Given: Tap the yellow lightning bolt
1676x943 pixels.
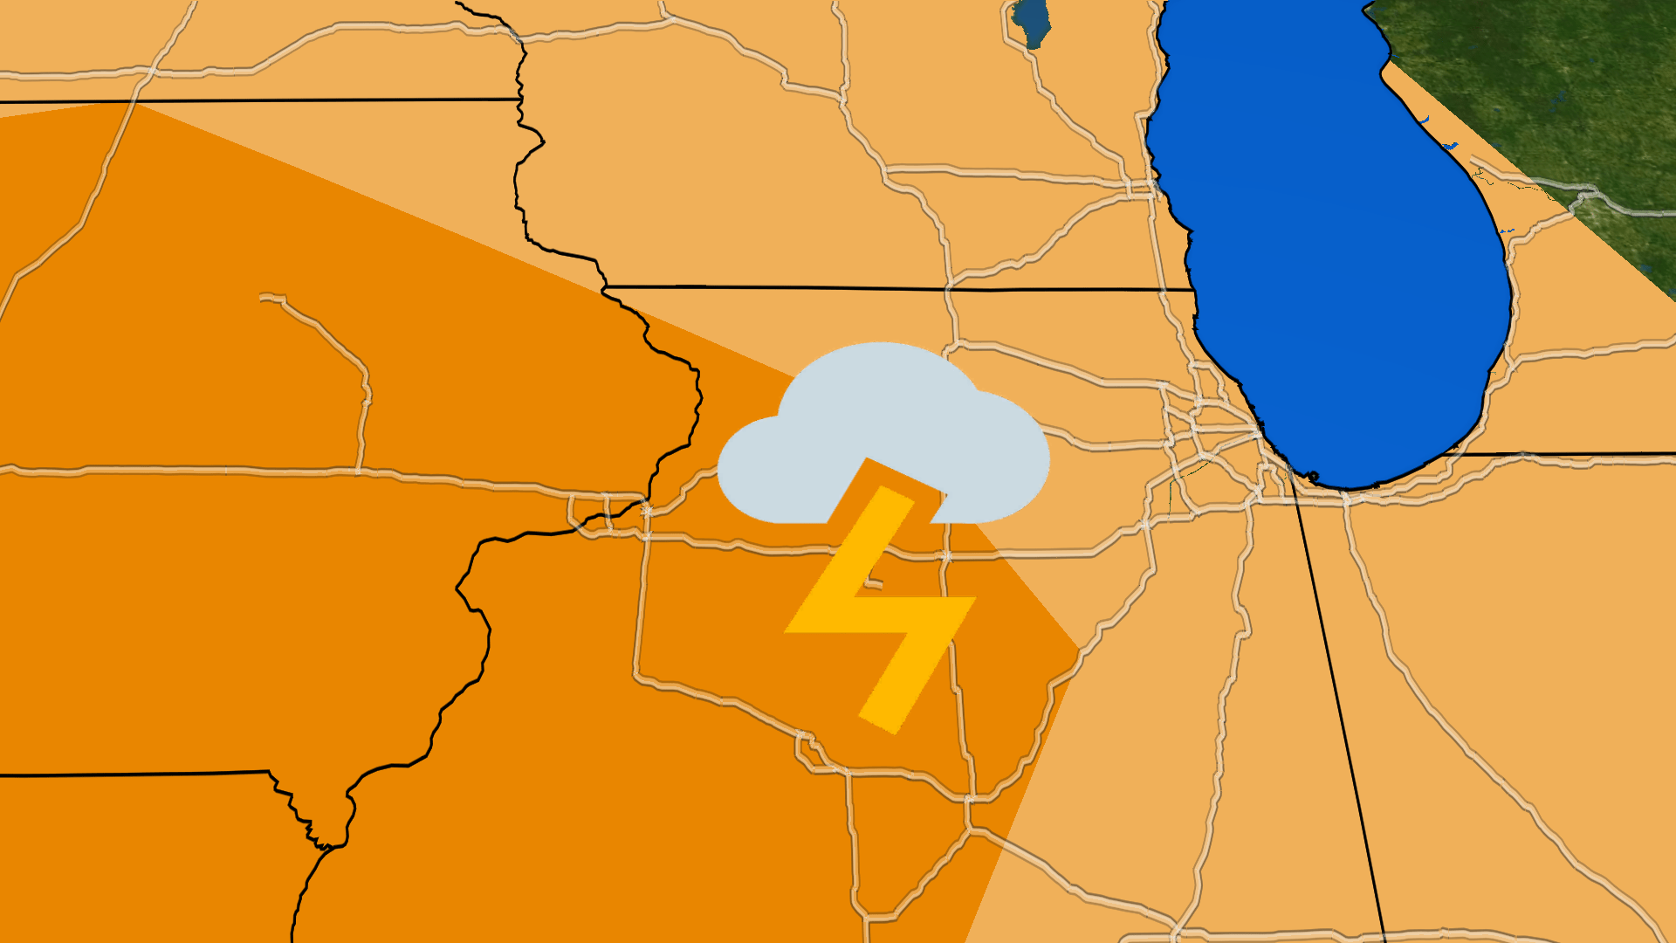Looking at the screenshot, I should pyautogui.click(x=882, y=611).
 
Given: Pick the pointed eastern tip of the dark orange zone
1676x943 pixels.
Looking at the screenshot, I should pyautogui.click(x=1080, y=648).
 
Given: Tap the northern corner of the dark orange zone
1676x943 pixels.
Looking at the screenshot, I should pyautogui.click(x=131, y=103).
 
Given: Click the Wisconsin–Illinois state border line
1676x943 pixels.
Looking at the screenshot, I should pyautogui.click(x=899, y=288).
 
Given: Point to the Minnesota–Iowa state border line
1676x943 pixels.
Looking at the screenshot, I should pyautogui.click(x=262, y=101).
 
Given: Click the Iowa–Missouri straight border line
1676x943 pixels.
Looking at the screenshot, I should pyautogui.click(x=131, y=774).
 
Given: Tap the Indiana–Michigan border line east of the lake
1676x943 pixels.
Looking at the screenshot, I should pyautogui.click(x=1571, y=454).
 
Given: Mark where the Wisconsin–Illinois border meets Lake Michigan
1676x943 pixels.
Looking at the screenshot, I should pyautogui.click(x=1193, y=289).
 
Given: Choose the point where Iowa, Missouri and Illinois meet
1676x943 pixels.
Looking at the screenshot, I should pyautogui.click(x=325, y=845).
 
